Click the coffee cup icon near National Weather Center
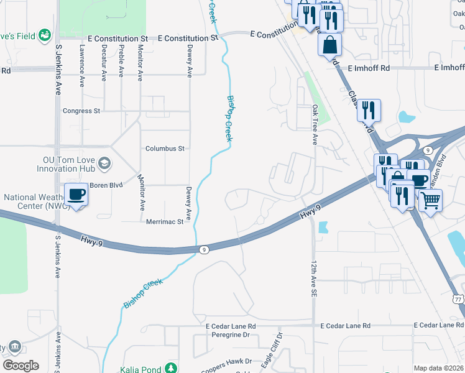point(76,195)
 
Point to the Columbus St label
point(165,149)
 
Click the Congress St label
point(81,111)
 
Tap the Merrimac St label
point(165,221)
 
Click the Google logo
point(21,365)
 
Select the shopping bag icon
point(329,45)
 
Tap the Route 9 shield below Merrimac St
point(204,249)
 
